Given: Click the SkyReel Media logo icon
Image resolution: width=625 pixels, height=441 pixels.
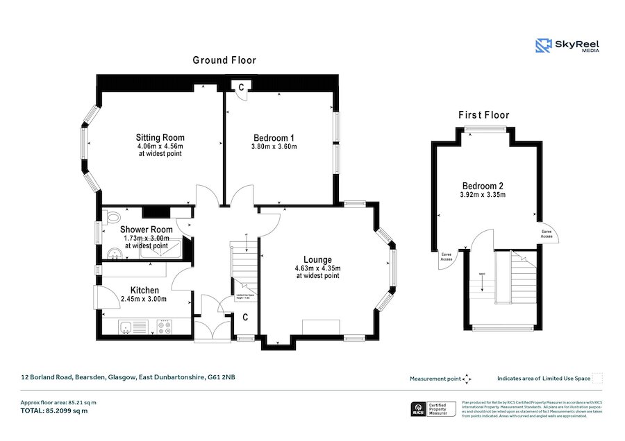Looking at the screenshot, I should [543, 46].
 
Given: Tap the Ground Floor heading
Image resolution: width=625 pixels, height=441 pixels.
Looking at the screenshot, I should [224, 60].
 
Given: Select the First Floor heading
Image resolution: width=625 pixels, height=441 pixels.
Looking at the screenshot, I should [483, 115].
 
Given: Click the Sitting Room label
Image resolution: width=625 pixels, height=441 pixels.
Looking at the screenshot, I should [160, 137].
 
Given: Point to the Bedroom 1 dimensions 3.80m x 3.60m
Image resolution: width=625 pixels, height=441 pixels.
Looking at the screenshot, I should [274, 146].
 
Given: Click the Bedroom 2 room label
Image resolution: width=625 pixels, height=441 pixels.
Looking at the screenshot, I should [483, 186].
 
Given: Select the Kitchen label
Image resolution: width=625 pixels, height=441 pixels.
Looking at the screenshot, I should [144, 290].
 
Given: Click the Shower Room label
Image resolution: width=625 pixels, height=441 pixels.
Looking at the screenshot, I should [146, 230].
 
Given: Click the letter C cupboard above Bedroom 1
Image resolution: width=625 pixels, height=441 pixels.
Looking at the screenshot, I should [241, 87].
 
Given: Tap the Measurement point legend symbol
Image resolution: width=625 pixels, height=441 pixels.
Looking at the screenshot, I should [467, 379].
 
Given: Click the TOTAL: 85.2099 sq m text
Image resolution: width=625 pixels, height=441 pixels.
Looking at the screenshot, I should [54, 410].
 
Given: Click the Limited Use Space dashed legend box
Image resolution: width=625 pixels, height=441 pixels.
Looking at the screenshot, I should [597, 379].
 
